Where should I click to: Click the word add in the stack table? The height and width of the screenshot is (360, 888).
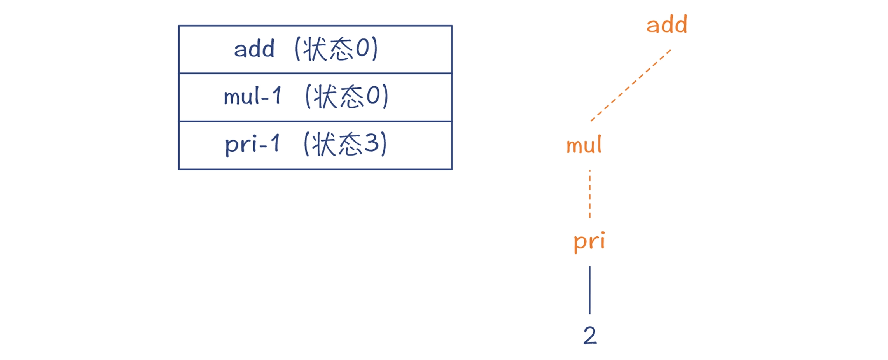coord(254,49)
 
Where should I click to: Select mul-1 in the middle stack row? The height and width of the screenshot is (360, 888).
coord(252,96)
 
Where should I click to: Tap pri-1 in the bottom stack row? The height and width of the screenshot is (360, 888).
coord(252,144)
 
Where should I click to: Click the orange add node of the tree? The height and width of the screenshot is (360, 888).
coord(666,24)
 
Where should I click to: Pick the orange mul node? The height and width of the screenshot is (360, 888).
coord(584,145)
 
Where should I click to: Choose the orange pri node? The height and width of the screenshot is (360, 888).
coord(589,241)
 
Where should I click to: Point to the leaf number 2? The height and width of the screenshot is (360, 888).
coord(590,335)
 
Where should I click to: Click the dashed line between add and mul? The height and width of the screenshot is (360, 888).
coord(631,85)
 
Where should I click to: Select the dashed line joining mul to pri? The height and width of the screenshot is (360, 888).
coord(590,194)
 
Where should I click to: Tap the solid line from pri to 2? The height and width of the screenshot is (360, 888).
coord(590,290)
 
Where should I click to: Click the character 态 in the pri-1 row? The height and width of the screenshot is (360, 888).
coord(350,144)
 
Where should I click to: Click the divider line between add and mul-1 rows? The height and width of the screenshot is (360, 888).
coord(315,73)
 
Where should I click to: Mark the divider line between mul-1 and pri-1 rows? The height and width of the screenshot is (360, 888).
coord(315,121)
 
